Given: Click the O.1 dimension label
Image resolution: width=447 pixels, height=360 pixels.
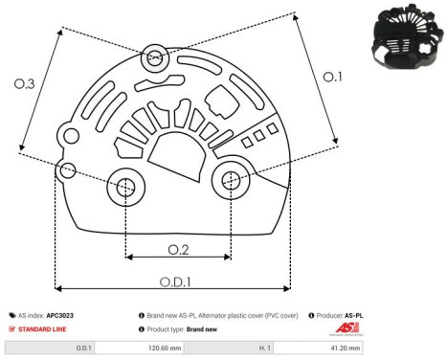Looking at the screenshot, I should [330, 77].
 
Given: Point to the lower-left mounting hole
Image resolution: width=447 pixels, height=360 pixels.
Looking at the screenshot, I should [125, 189].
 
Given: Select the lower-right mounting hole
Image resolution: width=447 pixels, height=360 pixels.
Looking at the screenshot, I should [231, 179].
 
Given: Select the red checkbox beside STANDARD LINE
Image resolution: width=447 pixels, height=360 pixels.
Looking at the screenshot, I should [12, 328].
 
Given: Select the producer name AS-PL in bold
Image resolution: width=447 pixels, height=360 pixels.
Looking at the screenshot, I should [354, 314].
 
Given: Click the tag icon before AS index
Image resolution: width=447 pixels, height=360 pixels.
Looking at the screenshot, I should [12, 314].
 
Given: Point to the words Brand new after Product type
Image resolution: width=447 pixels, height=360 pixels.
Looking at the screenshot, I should [203, 328].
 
